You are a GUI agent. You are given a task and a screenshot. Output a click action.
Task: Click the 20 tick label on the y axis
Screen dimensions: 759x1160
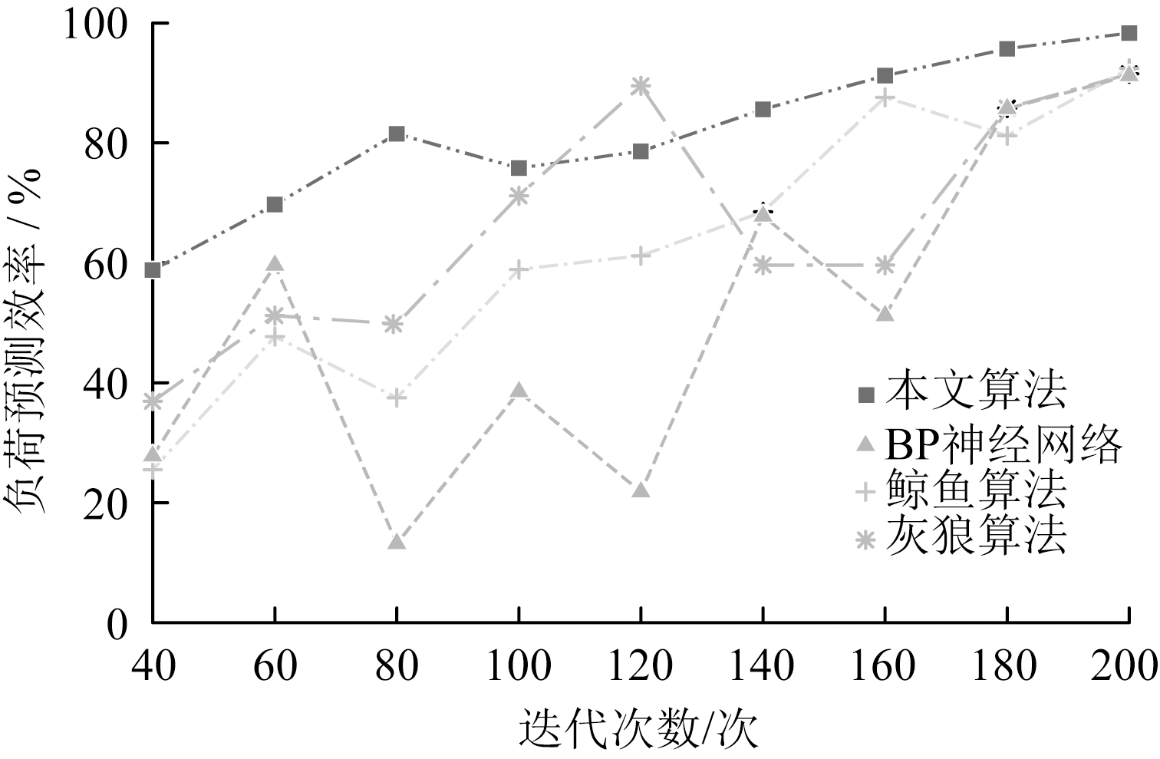pyautogui.click(x=105, y=504)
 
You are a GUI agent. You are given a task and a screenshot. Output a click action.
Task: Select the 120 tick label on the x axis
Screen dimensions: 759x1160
pyautogui.click(x=640, y=666)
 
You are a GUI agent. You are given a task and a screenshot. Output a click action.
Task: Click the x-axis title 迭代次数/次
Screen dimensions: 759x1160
pyautogui.click(x=638, y=729)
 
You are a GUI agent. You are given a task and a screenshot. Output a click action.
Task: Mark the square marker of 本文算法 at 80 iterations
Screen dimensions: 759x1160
pyautogui.click(x=397, y=134)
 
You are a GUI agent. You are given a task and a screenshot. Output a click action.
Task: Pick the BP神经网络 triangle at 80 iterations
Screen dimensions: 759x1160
pyautogui.click(x=397, y=542)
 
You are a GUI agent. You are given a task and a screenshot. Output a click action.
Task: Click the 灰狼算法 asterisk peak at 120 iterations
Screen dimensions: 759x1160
pyautogui.click(x=641, y=85)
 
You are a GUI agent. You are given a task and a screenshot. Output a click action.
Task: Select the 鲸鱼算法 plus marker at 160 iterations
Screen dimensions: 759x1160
pyautogui.click(x=885, y=97)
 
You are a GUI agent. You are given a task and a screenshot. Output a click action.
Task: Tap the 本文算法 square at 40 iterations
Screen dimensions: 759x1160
pyautogui.click(x=153, y=270)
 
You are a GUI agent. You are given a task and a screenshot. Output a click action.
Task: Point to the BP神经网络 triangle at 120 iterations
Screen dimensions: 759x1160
pyautogui.click(x=641, y=490)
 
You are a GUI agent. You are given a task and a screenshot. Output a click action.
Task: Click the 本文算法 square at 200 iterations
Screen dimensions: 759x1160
pyautogui.click(x=1129, y=33)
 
